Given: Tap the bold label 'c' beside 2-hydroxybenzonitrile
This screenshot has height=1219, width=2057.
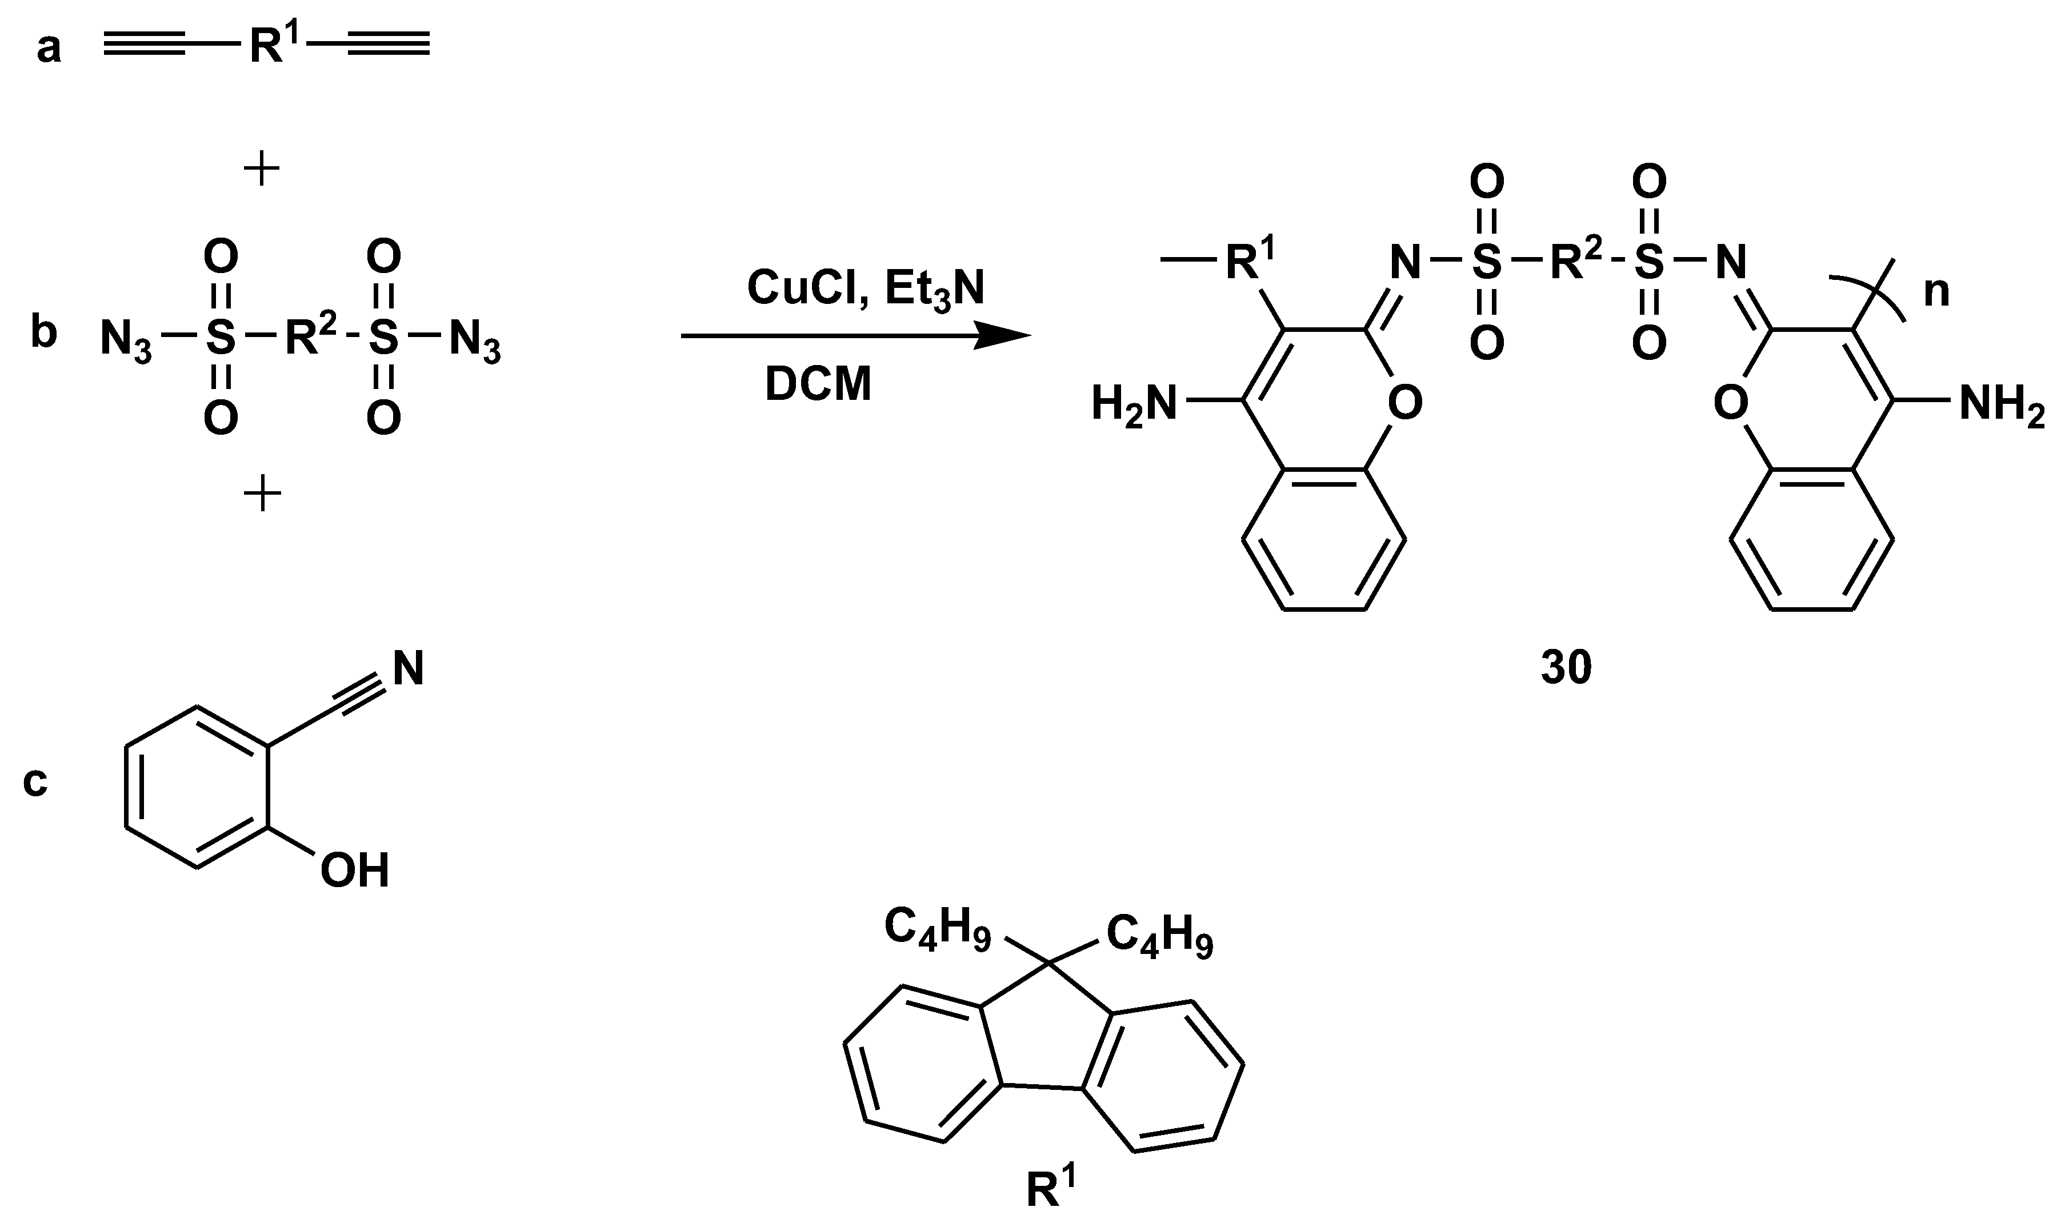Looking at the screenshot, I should point(35,781).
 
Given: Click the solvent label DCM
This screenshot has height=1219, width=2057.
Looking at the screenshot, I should point(818,384).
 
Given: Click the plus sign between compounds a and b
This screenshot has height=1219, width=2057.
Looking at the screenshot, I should point(262,170).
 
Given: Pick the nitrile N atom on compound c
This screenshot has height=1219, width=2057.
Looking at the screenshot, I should point(409,669).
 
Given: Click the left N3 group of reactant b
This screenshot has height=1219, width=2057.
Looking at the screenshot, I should point(126,338).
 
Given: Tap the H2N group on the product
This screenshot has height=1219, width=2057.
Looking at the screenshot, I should point(1134,404).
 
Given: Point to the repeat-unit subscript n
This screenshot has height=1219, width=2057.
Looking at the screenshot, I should point(1937,291).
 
